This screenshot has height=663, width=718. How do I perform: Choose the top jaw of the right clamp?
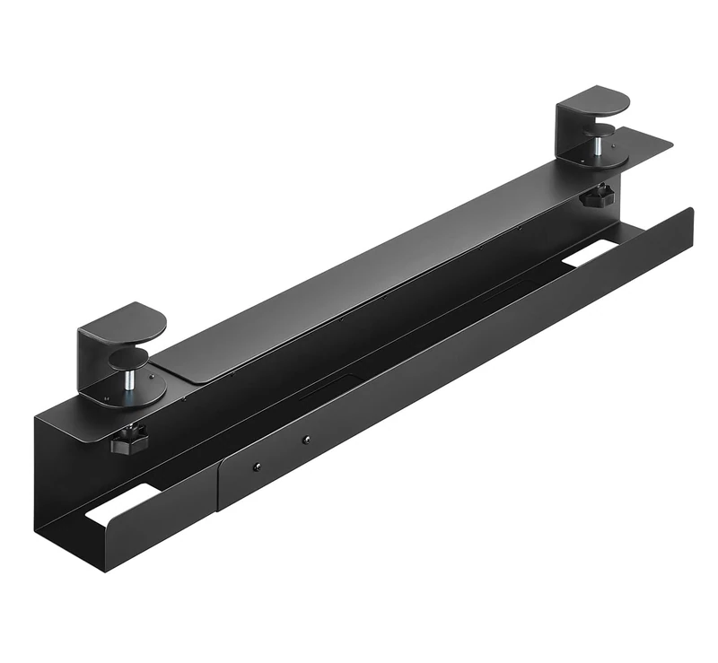point(592,97)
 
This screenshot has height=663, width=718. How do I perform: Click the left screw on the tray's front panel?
point(258,467)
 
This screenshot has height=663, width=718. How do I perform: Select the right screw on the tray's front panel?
point(307,440)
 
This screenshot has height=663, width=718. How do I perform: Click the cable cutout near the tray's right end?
point(590,257)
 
